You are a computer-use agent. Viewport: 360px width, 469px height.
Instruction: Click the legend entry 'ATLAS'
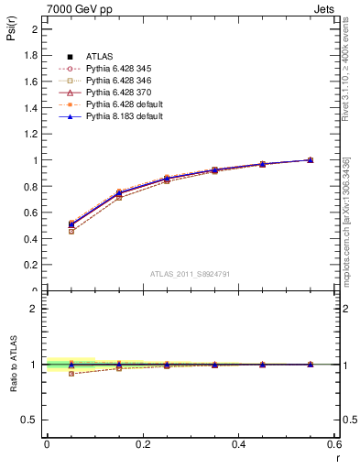pyautogui.click(x=102, y=57)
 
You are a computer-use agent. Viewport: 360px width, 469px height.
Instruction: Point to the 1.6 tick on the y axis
pyautogui.click(x=33, y=81)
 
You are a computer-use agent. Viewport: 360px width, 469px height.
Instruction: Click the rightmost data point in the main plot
pyautogui.click(x=311, y=159)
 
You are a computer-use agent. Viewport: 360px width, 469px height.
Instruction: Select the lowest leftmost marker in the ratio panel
pyautogui.click(x=71, y=373)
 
